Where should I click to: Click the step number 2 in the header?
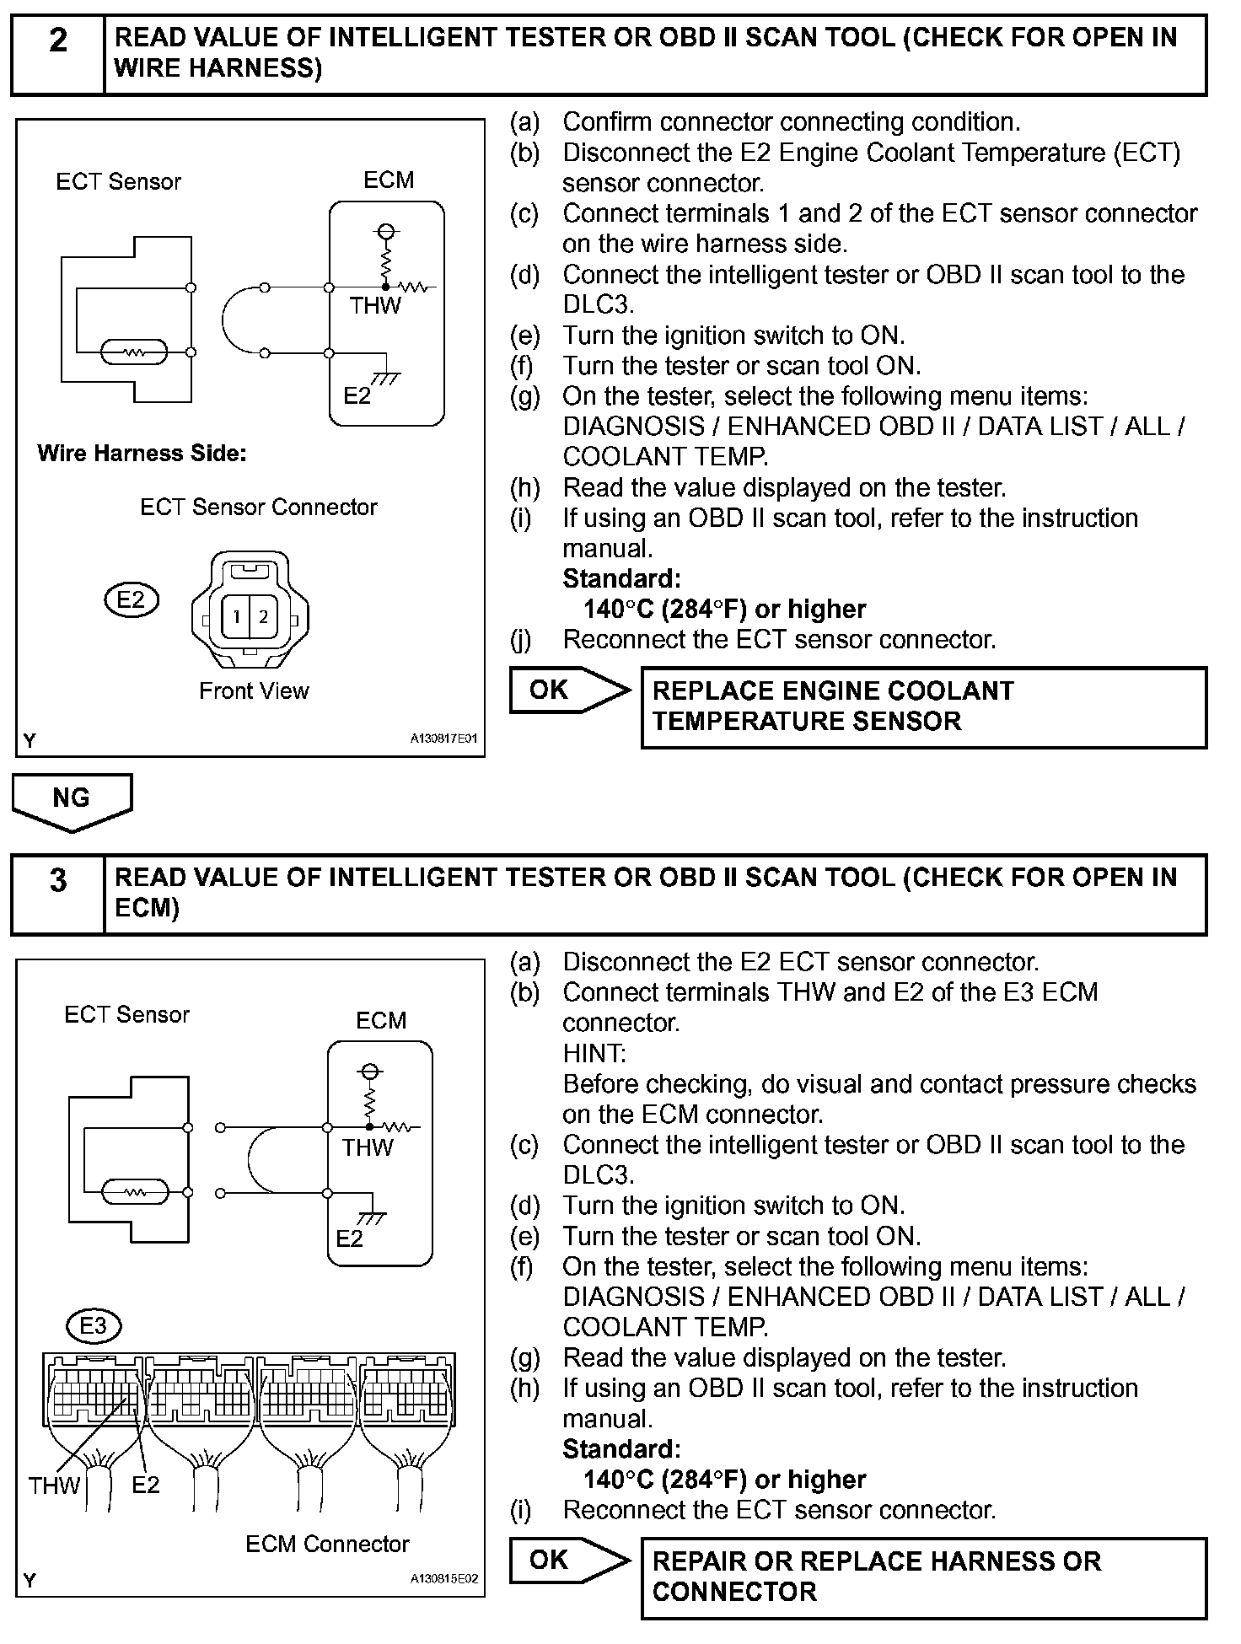[57, 41]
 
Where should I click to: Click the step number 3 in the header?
[57, 881]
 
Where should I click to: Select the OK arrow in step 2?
[569, 690]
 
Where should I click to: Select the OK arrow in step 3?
[569, 1561]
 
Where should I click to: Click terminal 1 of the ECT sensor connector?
[237, 617]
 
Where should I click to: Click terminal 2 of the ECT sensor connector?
[263, 617]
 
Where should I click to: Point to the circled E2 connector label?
[131, 600]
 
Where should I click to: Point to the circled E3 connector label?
[93, 1326]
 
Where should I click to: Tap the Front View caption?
[254, 691]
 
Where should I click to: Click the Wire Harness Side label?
[142, 454]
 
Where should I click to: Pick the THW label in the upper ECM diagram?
[375, 306]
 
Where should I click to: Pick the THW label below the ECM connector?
[54, 1486]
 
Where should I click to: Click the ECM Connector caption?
[327, 1545]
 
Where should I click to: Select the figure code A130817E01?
[443, 739]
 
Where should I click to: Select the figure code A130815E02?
[443, 1579]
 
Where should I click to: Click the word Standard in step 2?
[621, 579]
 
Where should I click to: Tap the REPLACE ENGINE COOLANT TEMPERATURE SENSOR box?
[923, 706]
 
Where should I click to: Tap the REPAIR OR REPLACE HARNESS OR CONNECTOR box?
[923, 1577]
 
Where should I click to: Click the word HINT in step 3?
[594, 1054]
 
